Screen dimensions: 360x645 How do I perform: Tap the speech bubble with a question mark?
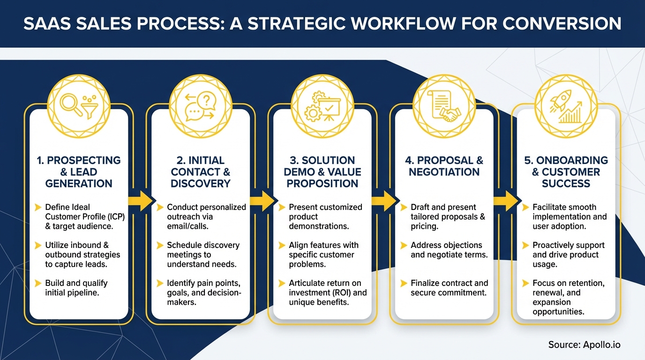coord(206,100)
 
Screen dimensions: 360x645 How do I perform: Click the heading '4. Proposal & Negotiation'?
coord(444,166)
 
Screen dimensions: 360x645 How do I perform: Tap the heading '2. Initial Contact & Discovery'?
coord(201,172)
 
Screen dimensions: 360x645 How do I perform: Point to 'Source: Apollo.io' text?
coord(584,345)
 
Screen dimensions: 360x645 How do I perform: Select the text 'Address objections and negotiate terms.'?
coord(449,250)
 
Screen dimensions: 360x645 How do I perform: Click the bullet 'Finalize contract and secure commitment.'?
coord(449,288)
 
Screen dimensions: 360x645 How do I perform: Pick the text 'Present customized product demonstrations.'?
coord(325,217)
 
